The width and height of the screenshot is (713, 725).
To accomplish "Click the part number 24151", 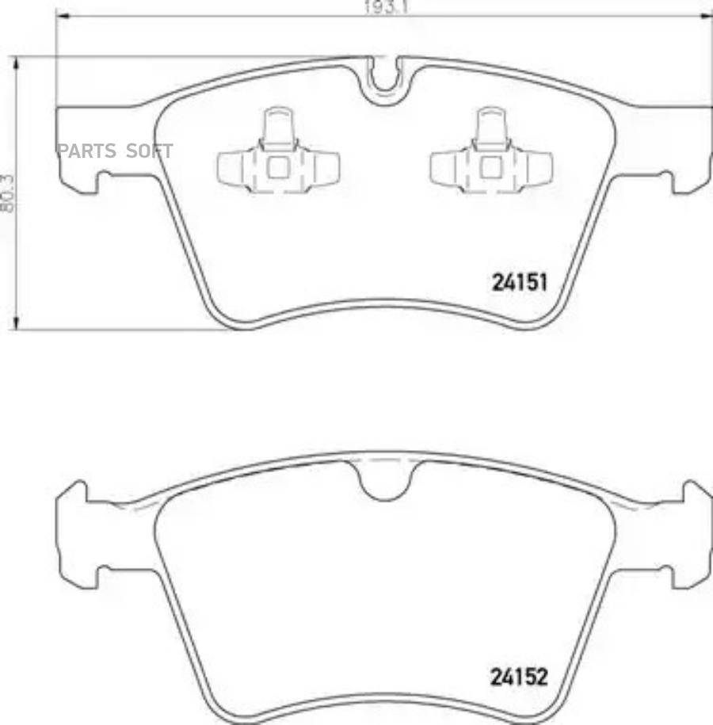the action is tap(519, 282).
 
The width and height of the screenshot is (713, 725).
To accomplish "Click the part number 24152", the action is tap(519, 677).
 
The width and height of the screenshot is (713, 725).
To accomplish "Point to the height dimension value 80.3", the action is tap(7, 193).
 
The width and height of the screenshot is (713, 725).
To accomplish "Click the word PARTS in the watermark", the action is tap(86, 151).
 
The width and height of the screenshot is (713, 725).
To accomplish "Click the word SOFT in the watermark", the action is tap(150, 151).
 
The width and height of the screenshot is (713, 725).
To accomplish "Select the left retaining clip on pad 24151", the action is tap(278, 151).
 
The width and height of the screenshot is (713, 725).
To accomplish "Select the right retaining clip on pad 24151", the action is tap(491, 151).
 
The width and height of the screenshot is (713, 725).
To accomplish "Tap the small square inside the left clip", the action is tap(278, 167).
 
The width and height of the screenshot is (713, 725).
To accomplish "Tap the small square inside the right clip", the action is tap(491, 167).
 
